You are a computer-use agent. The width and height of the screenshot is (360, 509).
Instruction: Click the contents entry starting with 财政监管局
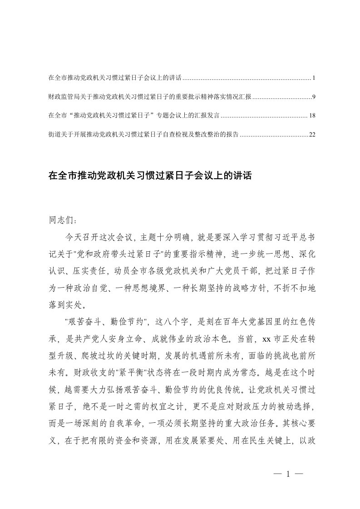tap(149, 97)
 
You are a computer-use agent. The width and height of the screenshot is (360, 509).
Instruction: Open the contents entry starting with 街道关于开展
tap(143, 135)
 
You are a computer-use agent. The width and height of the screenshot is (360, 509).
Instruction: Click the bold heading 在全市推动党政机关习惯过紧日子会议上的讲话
tap(149, 175)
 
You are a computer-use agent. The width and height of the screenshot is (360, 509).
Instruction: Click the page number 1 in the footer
tap(288, 476)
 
